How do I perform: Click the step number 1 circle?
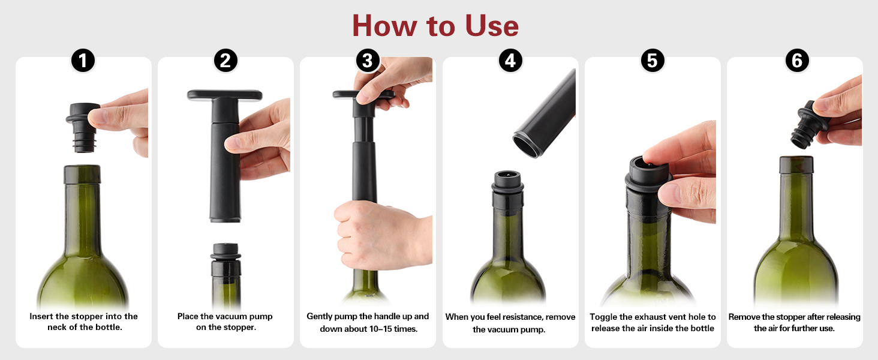pyautogui.click(x=83, y=60)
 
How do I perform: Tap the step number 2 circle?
pyautogui.click(x=225, y=60)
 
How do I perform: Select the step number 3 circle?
pyautogui.click(x=368, y=60)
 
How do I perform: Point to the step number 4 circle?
pyautogui.click(x=510, y=60)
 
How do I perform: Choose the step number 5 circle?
pyautogui.click(x=653, y=60)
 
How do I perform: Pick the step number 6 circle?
pyautogui.click(x=796, y=60)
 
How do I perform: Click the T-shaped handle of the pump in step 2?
pyautogui.click(x=225, y=95)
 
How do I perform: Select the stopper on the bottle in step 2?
pyautogui.click(x=225, y=258)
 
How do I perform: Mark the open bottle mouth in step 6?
pyautogui.click(x=796, y=160)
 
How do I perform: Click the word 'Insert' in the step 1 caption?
pyautogui.click(x=43, y=316)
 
